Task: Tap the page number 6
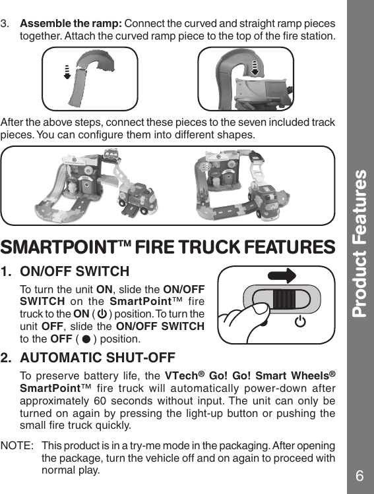pos(359,476)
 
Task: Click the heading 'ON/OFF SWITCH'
pos(75,271)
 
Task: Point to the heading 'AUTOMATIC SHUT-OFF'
pos(98,358)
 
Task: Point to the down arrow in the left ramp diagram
pos(67,71)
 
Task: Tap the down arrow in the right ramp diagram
pos(257,68)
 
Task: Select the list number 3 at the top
pos(5,23)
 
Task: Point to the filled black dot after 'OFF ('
pos(86,339)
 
